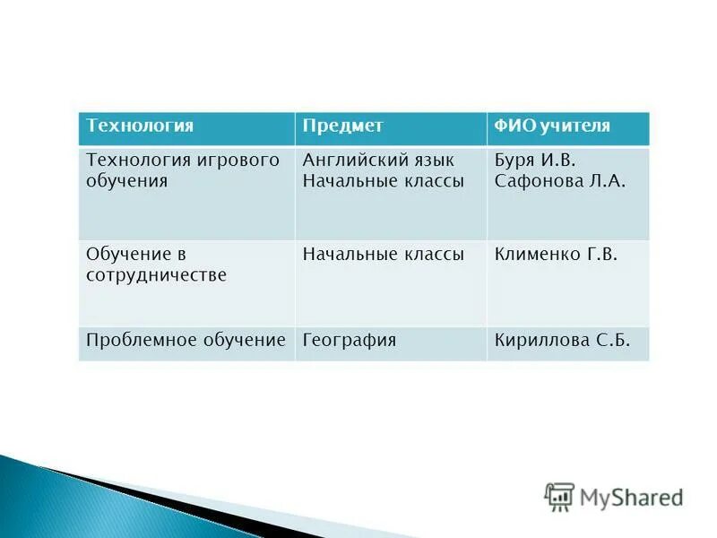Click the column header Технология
tap(140, 126)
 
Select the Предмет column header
tap(342, 126)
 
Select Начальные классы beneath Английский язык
tap(384, 181)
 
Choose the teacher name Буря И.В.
tap(534, 161)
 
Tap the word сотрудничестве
tap(156, 274)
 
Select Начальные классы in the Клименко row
tap(384, 255)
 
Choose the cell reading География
tap(350, 341)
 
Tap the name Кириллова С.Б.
tap(562, 341)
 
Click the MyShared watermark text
tap(631, 497)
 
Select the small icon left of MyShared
tap(559, 496)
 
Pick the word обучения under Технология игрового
tap(127, 181)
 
